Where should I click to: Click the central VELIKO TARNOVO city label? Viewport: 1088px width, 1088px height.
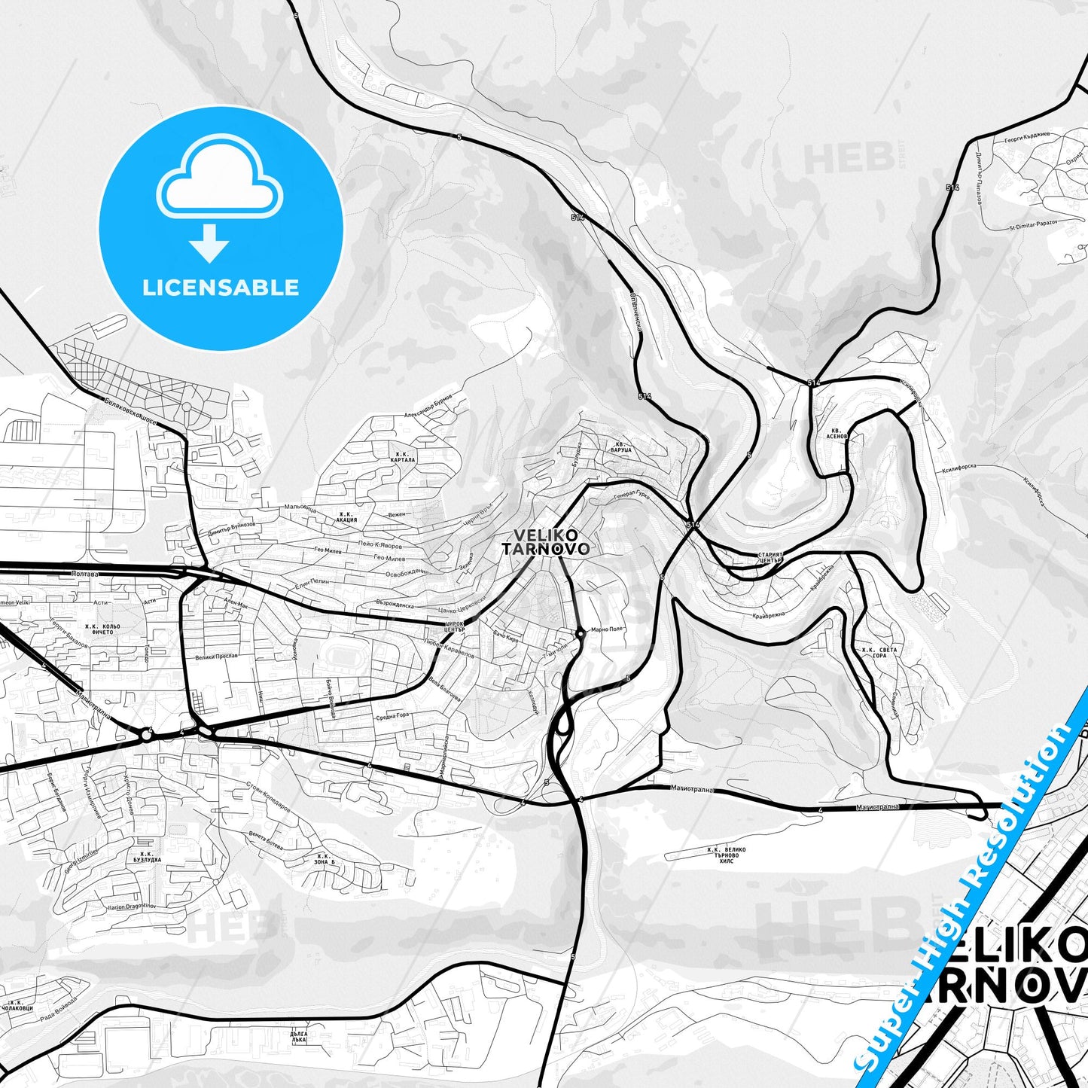(545, 542)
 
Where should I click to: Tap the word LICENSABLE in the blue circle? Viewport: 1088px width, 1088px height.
(221, 288)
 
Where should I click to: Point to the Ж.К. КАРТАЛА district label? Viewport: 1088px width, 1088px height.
(404, 457)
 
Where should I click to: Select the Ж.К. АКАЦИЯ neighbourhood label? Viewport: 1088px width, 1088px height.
(346, 517)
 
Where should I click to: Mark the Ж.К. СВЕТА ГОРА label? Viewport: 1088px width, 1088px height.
(873, 652)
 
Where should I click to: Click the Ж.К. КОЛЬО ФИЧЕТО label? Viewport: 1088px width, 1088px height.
(102, 629)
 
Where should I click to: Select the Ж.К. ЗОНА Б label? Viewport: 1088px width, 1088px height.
(325, 859)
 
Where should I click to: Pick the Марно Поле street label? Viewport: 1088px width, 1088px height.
(607, 629)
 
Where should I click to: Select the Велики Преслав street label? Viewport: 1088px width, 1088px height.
(216, 656)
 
